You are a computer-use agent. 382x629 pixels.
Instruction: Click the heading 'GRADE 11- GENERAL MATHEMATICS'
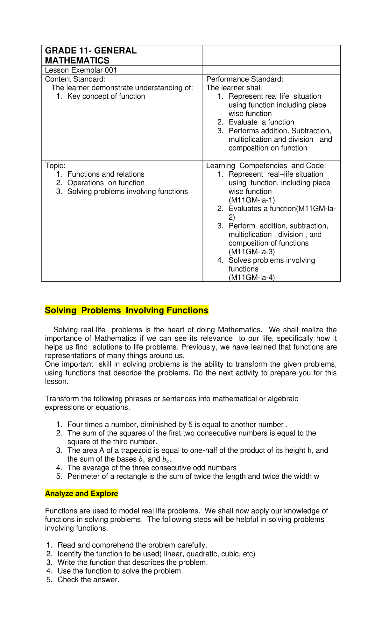(x=91, y=55)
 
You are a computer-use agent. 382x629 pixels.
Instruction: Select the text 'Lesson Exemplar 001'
(x=81, y=70)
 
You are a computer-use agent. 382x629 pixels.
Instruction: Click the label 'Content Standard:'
(x=75, y=79)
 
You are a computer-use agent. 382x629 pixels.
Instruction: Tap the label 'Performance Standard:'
(x=244, y=79)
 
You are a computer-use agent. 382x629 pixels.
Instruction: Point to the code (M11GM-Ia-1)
(x=251, y=200)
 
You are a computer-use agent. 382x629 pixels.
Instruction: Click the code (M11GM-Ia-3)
(x=251, y=251)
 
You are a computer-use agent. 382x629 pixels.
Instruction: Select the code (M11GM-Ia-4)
(x=251, y=277)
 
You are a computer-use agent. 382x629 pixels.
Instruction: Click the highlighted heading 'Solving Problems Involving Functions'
(x=127, y=310)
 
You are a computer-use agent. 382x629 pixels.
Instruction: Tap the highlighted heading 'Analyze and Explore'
(x=81, y=493)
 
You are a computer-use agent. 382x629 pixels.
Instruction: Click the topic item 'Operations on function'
(x=106, y=183)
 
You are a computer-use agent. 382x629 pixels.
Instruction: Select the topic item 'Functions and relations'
(x=106, y=174)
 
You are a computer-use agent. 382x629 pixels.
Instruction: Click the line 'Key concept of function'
(x=106, y=96)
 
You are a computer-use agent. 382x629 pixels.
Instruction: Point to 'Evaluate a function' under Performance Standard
(x=261, y=122)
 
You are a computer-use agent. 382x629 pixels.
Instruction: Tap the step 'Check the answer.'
(x=88, y=580)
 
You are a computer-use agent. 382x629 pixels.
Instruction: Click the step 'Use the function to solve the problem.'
(x=120, y=571)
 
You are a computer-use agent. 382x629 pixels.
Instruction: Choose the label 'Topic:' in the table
(x=55, y=166)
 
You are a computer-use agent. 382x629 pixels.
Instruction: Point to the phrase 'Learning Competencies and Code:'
(x=266, y=166)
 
